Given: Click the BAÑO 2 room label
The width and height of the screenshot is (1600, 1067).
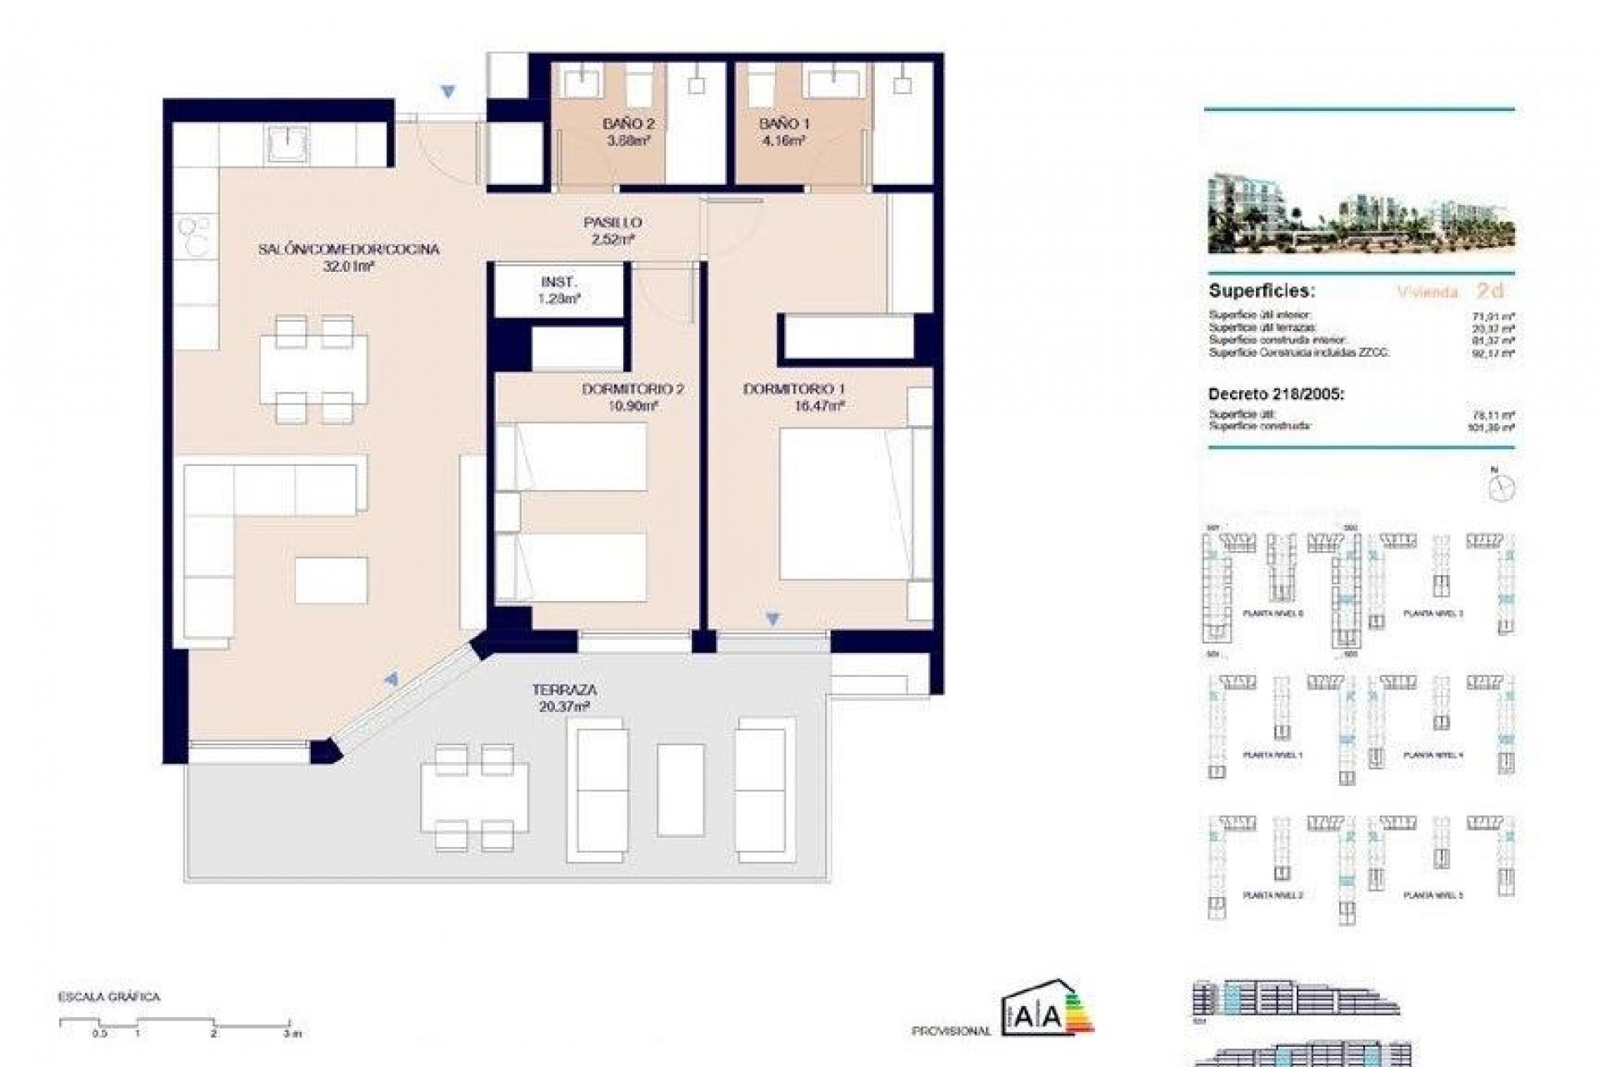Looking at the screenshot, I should pyautogui.click(x=628, y=124).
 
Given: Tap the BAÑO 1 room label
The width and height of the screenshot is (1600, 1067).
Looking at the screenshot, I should pyautogui.click(x=784, y=124).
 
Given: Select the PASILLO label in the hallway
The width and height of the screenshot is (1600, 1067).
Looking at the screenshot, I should pyautogui.click(x=612, y=223).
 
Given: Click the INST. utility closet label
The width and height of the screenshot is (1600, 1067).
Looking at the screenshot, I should pyautogui.click(x=558, y=282).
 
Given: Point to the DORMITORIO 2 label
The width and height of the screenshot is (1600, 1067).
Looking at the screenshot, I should pyautogui.click(x=632, y=389).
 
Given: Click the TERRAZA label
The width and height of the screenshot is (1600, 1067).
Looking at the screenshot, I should pyautogui.click(x=564, y=690).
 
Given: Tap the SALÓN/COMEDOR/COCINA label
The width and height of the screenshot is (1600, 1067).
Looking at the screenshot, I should pyautogui.click(x=348, y=249).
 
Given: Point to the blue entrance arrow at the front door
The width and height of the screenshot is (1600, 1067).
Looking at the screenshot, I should pyautogui.click(x=448, y=92).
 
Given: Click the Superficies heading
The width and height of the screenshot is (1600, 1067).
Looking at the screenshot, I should pyautogui.click(x=1261, y=292).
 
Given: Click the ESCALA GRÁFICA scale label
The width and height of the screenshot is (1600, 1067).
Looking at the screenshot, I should pyautogui.click(x=108, y=997).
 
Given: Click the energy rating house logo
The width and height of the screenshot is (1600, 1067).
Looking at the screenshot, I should pyautogui.click(x=1046, y=1009).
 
